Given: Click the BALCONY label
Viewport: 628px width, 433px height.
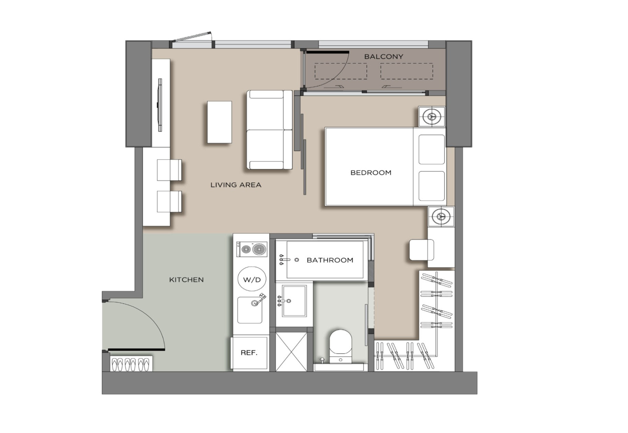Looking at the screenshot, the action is (384, 57).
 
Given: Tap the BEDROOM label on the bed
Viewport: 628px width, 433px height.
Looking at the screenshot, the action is (371, 173).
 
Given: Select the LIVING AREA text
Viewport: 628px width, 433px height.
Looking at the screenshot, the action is (236, 185).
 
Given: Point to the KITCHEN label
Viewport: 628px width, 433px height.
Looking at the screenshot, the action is (186, 280).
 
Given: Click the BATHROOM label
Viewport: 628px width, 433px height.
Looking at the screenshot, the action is (330, 260).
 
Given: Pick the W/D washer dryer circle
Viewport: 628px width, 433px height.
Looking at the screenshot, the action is (252, 279).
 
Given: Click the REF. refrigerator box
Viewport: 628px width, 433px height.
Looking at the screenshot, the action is (249, 353).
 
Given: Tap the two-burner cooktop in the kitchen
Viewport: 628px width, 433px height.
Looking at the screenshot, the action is (252, 249).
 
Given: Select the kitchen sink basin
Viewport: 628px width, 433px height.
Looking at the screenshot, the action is (250, 310).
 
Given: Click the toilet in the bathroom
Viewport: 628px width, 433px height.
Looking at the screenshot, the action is (341, 346).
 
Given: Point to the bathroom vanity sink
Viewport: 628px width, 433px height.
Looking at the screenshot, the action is (294, 301).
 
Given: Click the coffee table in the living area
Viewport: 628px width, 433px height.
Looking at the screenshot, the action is (219, 122).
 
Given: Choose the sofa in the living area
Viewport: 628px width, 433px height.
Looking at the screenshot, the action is (270, 130).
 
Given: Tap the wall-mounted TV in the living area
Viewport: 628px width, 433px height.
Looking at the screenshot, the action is (160, 105).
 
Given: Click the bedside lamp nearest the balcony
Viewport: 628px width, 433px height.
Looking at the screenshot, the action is (432, 117).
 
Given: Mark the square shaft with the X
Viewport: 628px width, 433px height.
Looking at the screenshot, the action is (291, 351).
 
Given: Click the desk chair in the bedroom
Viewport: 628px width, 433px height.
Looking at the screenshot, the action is (422, 250).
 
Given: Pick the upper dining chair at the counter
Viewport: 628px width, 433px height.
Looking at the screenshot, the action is (169, 170).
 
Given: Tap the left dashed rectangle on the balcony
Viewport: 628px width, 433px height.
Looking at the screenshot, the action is (341, 71).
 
